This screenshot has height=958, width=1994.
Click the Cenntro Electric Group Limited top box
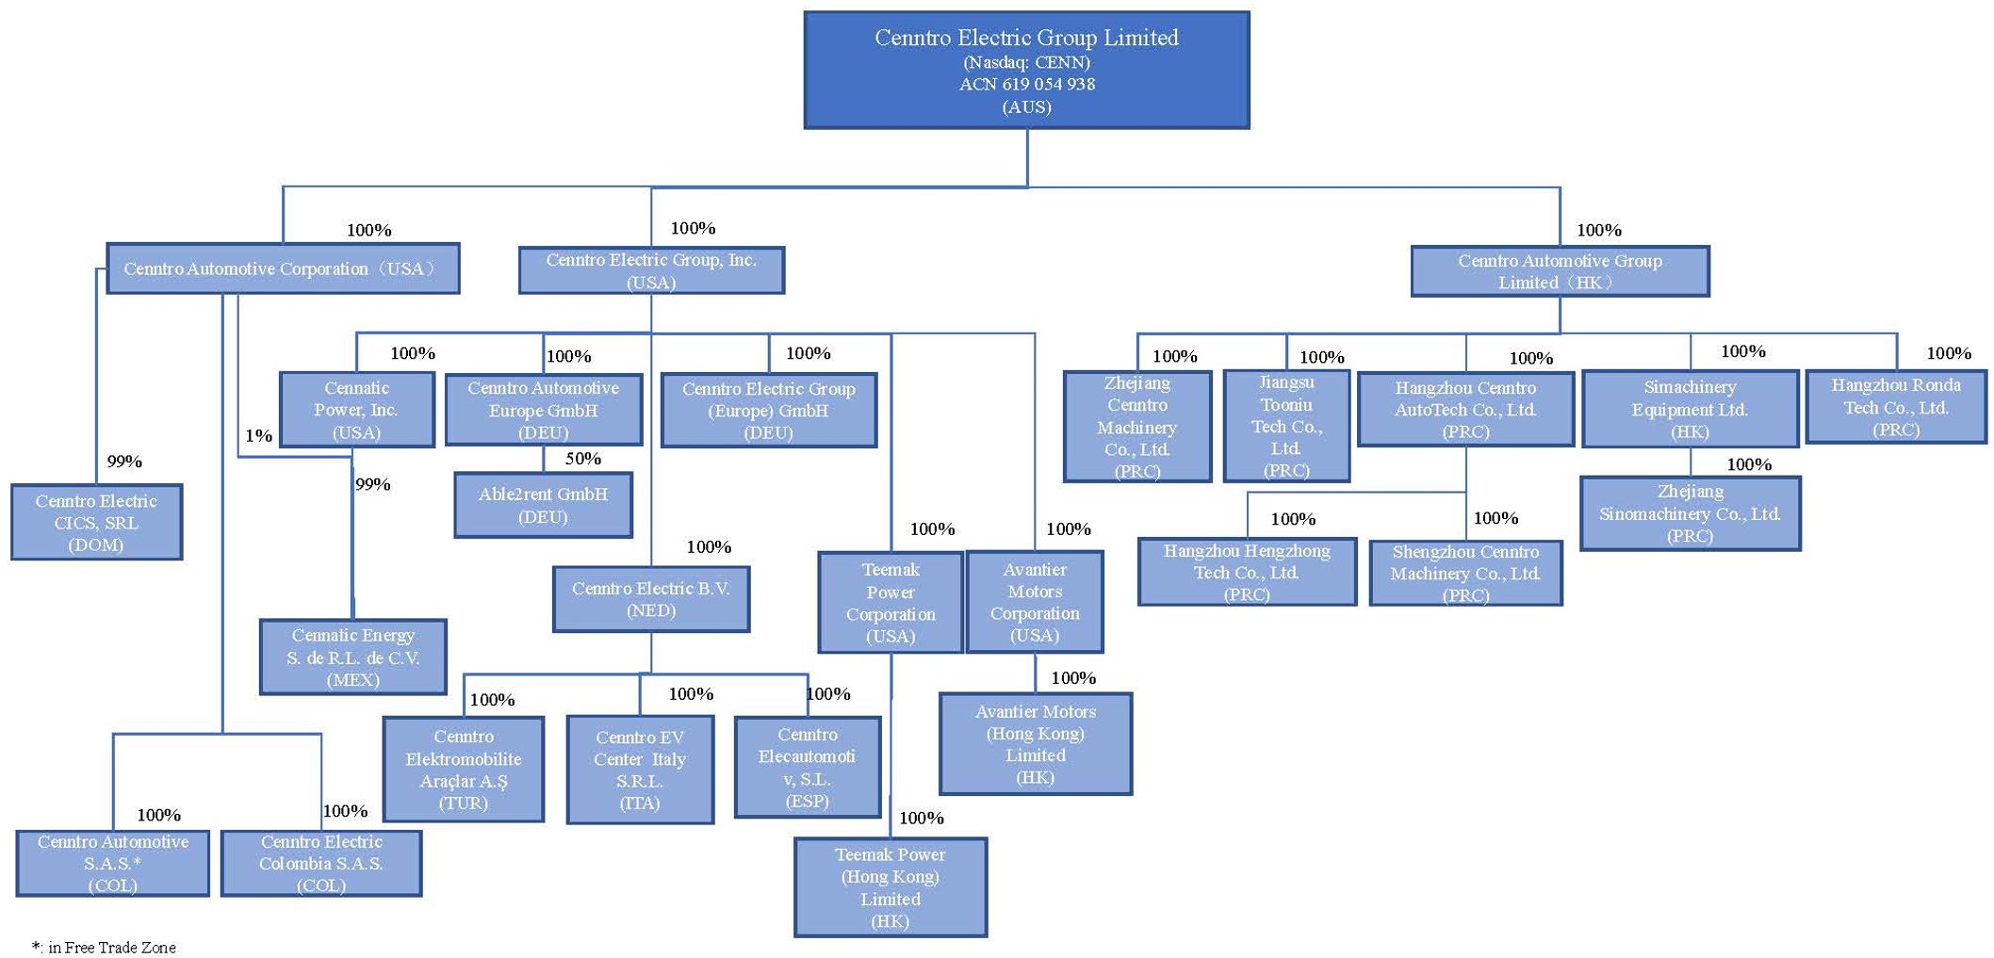pyautogui.click(x=1026, y=71)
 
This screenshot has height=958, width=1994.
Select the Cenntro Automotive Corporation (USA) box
pyautogui.click(x=283, y=268)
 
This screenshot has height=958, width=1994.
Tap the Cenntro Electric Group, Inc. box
pyautogui.click(x=651, y=270)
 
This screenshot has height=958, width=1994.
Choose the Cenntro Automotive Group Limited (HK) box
pyautogui.click(x=1560, y=271)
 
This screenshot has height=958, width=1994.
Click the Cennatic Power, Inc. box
pyautogui.click(x=356, y=410)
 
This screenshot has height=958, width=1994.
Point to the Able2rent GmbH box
pyautogui.click(x=543, y=505)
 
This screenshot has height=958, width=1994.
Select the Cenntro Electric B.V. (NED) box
pyautogui.click(x=651, y=599)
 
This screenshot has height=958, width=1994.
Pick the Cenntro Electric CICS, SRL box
pyautogui.click(x=96, y=522)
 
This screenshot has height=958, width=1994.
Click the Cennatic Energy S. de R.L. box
pyautogui.click(x=352, y=657)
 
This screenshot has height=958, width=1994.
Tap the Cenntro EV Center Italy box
pyautogui.click(x=640, y=770)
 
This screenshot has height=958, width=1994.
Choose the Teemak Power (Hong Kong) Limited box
pyautogui.click(x=891, y=887)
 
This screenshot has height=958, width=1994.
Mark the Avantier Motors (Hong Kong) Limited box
pyautogui.click(x=1035, y=744)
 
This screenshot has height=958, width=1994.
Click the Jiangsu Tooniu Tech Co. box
pyautogui.click(x=1286, y=426)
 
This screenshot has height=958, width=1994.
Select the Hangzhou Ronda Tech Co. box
pyautogui.click(x=1895, y=407)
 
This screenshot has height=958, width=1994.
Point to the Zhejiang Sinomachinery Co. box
pyautogui.click(x=1690, y=513)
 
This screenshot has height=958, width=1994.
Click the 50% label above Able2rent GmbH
pyautogui.click(x=583, y=459)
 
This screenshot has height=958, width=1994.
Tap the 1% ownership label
pyautogui.click(x=258, y=435)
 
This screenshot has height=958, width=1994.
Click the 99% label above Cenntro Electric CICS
pyautogui.click(x=124, y=462)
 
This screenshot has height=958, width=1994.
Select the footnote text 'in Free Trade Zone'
pyautogui.click(x=111, y=947)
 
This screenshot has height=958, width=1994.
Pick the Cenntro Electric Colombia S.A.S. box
pyautogui.click(x=321, y=863)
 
